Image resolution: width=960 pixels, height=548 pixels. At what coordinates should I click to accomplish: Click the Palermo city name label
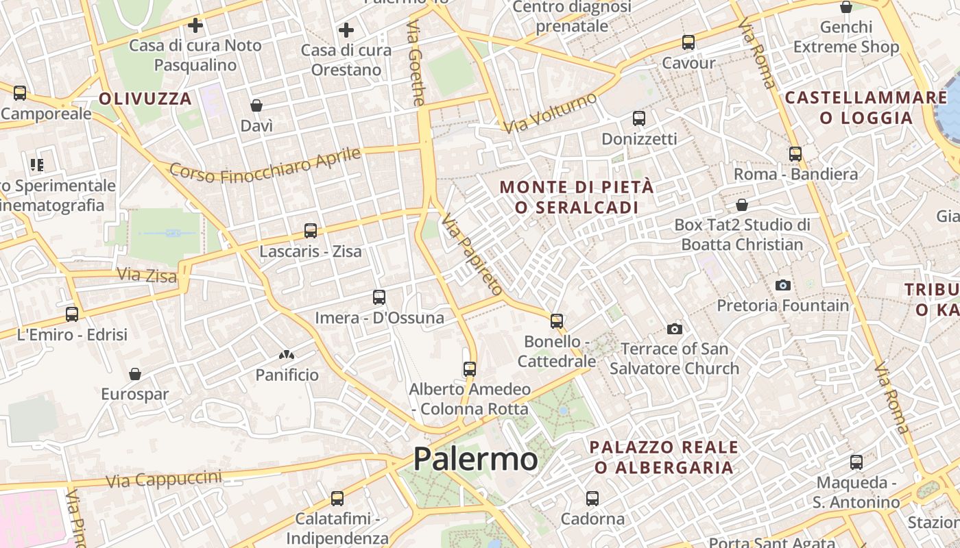click(x=475, y=459)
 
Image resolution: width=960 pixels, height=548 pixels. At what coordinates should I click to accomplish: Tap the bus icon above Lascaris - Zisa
click(x=311, y=231)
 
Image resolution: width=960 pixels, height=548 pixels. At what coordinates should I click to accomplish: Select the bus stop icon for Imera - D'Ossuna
click(x=379, y=297)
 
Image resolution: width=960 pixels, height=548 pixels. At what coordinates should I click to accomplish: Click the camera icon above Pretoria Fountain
click(x=782, y=285)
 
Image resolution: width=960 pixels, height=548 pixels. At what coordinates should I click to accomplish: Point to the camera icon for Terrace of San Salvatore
click(x=675, y=329)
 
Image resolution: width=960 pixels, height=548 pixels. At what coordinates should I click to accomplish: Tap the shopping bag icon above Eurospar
click(x=135, y=374)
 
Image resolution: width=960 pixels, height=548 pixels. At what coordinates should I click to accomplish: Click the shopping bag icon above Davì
click(x=256, y=105)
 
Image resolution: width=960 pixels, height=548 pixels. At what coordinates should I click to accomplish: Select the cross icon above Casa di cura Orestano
click(x=346, y=30)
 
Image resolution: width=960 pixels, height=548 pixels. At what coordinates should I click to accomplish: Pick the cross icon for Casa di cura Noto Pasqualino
click(x=195, y=26)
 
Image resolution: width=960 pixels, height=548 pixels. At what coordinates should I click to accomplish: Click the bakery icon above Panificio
click(x=287, y=355)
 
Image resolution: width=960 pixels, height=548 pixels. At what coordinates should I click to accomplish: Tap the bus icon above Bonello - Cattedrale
click(x=557, y=321)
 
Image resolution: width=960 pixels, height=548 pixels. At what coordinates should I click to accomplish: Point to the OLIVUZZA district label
click(x=145, y=99)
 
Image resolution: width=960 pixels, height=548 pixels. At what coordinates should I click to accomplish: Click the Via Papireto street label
click(x=472, y=254)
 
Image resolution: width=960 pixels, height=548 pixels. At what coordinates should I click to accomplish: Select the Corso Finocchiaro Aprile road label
click(x=265, y=165)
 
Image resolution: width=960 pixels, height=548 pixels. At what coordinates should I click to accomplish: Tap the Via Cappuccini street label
click(x=164, y=479)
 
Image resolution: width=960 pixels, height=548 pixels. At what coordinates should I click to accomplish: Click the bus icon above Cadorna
click(x=592, y=499)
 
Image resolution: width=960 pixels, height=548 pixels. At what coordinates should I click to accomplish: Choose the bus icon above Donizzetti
click(x=639, y=119)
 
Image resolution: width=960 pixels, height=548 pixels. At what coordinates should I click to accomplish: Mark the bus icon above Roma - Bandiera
click(x=795, y=154)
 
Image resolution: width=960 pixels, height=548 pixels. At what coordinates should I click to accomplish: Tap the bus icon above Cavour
click(x=688, y=42)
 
